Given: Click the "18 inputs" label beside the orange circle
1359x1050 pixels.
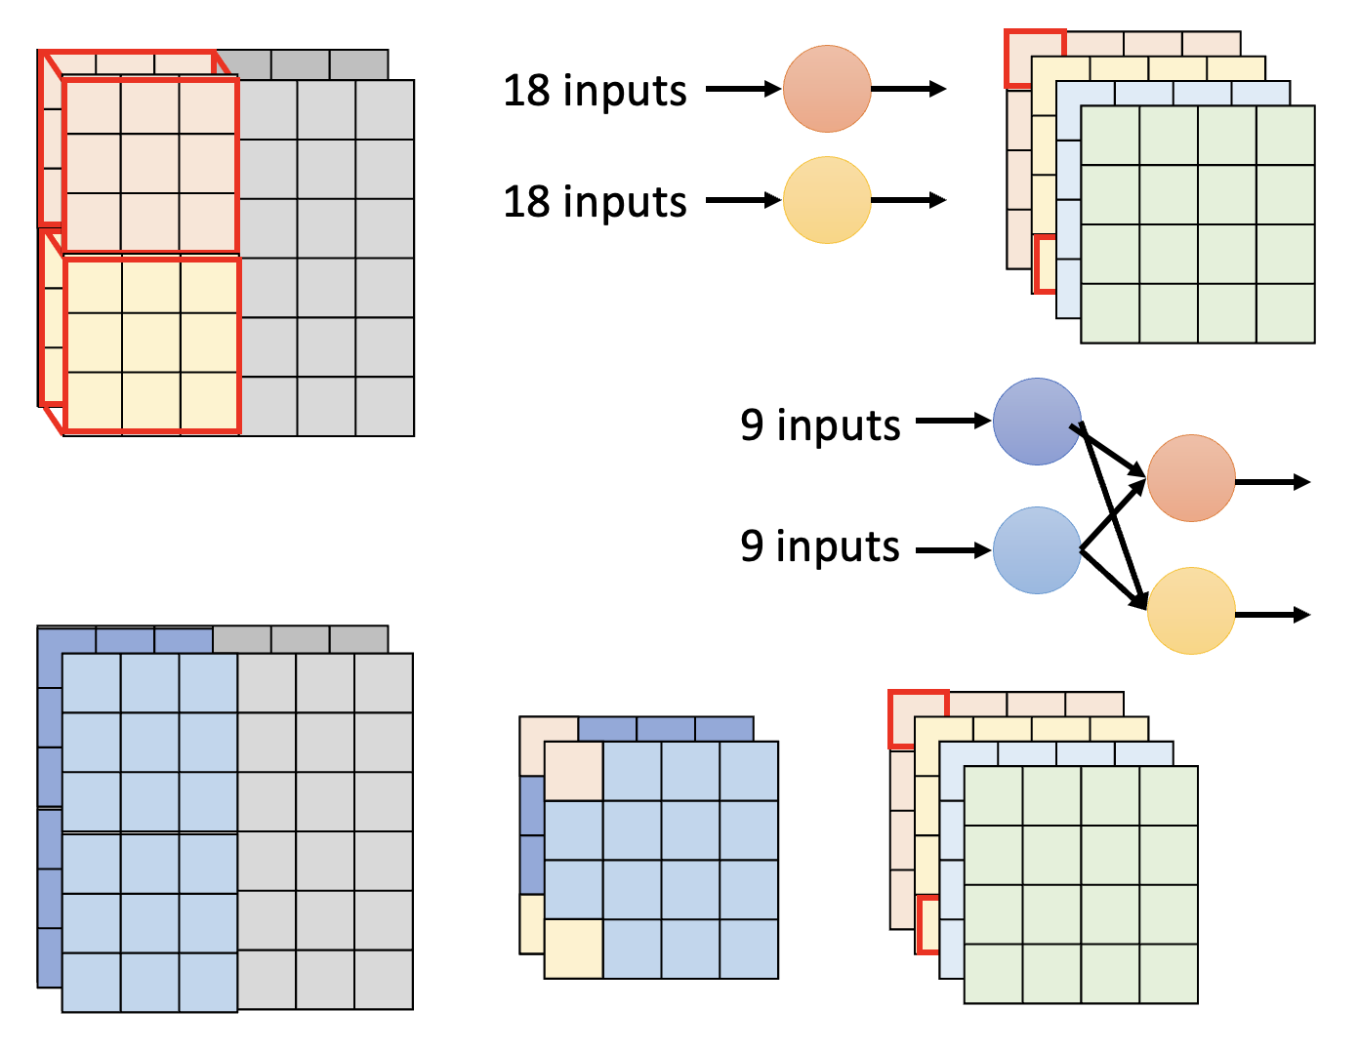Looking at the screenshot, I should pos(595,91).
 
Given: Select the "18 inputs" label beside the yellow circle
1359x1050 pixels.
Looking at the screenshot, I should pos(595,202).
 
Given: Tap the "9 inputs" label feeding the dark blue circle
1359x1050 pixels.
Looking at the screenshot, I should pos(820,425).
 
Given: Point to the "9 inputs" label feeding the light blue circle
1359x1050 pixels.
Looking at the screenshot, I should pos(820,546).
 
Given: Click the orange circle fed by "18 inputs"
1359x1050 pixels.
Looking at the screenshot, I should pos(827,89).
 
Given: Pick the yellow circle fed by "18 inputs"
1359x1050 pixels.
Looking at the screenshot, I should pos(827,200).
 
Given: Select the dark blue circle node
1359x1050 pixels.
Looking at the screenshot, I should pos(1037,422).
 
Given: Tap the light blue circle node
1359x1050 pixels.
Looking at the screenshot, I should pos(1037,550).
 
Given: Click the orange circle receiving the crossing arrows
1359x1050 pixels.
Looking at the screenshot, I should pos(1191,478).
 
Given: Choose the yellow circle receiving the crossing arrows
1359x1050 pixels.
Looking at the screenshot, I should pos(1191,611).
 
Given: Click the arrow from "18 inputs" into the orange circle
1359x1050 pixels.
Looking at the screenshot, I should pos(743,89).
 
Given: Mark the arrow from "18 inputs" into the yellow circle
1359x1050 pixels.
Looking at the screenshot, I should pos(743,200).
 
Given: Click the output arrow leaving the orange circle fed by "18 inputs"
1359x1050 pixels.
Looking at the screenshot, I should pos(908,89).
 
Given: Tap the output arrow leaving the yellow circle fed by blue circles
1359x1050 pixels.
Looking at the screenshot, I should pos(1272,614).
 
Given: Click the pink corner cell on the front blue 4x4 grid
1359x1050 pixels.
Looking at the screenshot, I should pos(573,771).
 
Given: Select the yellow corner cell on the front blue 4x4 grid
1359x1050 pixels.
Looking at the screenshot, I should pos(573,949).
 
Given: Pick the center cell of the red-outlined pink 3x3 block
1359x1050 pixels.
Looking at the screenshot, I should pos(150,164).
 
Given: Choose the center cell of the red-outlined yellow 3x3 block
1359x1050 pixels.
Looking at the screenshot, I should pos(151,343).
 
